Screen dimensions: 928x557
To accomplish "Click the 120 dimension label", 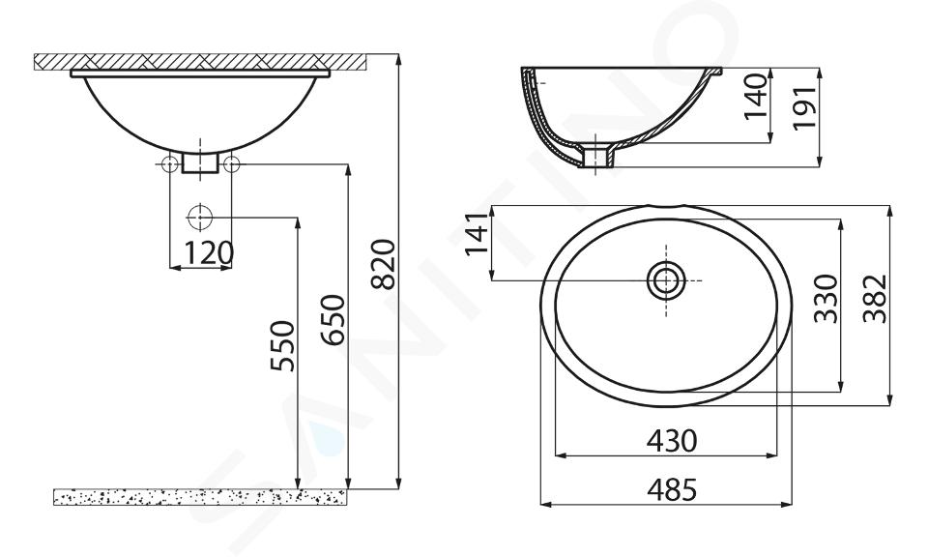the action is pos(209,253).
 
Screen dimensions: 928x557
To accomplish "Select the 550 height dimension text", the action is pos(283,345).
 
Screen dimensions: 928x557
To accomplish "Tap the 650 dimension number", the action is pos(333,320).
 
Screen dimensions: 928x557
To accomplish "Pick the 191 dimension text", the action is pos(804,107).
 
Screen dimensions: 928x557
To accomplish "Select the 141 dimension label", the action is pos(477,233).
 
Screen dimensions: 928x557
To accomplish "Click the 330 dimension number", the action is pos(826,299).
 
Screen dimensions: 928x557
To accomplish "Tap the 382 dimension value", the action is pos(875,299).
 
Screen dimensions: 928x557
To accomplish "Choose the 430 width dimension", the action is pos(672,440).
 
